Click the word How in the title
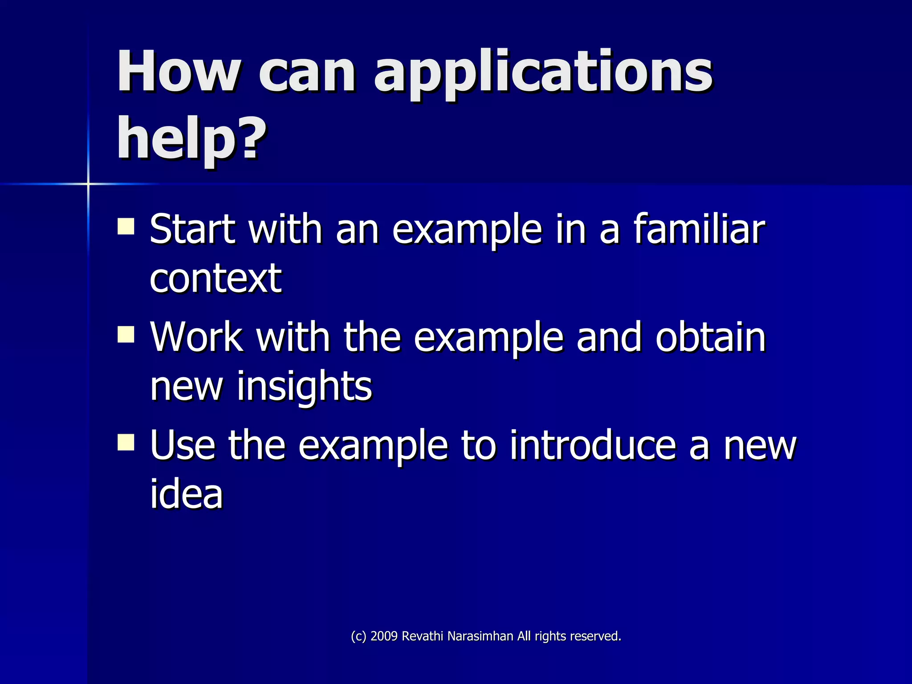pos(178,71)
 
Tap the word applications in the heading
pos(543,73)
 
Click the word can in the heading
pos(307,73)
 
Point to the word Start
pos(192,229)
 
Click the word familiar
pos(699,229)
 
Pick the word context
pos(216,278)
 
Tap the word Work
pos(196,337)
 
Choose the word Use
pos(183,445)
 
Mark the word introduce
pos(593,445)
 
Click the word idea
pos(186,494)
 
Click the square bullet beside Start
pos(126,226)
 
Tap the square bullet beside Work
pos(126,334)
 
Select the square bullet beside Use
pos(126,443)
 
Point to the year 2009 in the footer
pos(384,636)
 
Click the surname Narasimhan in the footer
pos(480,636)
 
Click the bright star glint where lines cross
pos(88,183)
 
